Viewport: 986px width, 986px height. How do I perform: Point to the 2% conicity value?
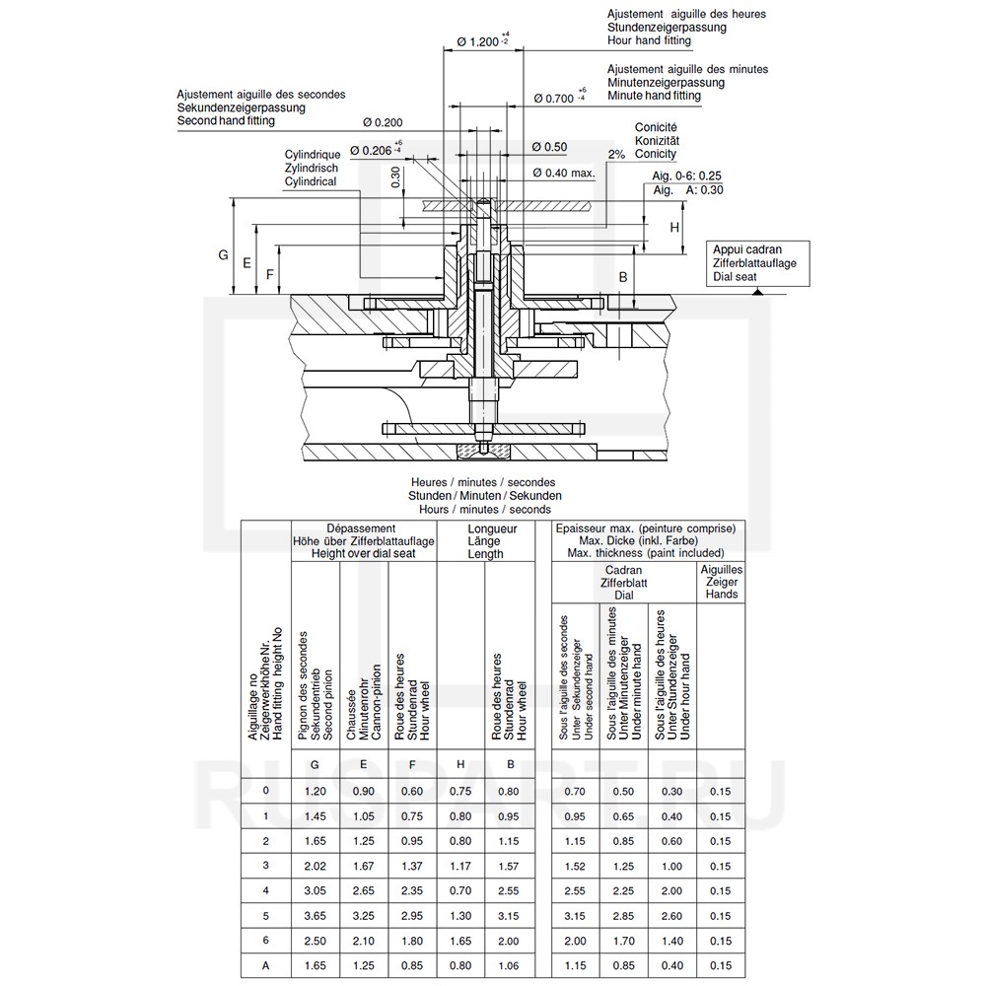pyautogui.click(x=616, y=155)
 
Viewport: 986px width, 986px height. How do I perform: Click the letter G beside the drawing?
pyautogui.click(x=224, y=255)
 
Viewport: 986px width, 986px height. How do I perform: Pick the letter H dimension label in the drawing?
pyautogui.click(x=674, y=227)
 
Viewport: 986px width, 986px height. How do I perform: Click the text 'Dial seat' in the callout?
pyautogui.click(x=735, y=278)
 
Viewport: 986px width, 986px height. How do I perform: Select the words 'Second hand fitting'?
pyautogui.click(x=226, y=120)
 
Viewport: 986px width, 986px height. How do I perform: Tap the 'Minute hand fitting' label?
pyautogui.click(x=654, y=96)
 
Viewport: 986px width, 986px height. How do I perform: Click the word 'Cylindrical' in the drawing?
pyautogui.click(x=311, y=181)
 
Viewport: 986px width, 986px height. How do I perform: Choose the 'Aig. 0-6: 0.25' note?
pyautogui.click(x=687, y=176)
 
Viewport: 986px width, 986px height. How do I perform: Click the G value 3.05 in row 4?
pyautogui.click(x=315, y=891)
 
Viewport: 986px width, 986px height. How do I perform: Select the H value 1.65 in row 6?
pyautogui.click(x=460, y=942)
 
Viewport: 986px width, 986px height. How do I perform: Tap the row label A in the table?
pyautogui.click(x=266, y=967)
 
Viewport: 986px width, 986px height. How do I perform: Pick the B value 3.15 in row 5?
pyautogui.click(x=509, y=917)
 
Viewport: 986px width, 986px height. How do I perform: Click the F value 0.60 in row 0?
pyautogui.click(x=412, y=791)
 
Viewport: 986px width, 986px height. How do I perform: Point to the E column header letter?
pyautogui.click(x=364, y=764)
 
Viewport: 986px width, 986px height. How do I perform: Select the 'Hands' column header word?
pyautogui.click(x=721, y=595)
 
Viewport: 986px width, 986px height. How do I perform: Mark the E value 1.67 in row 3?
pyautogui.click(x=364, y=866)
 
